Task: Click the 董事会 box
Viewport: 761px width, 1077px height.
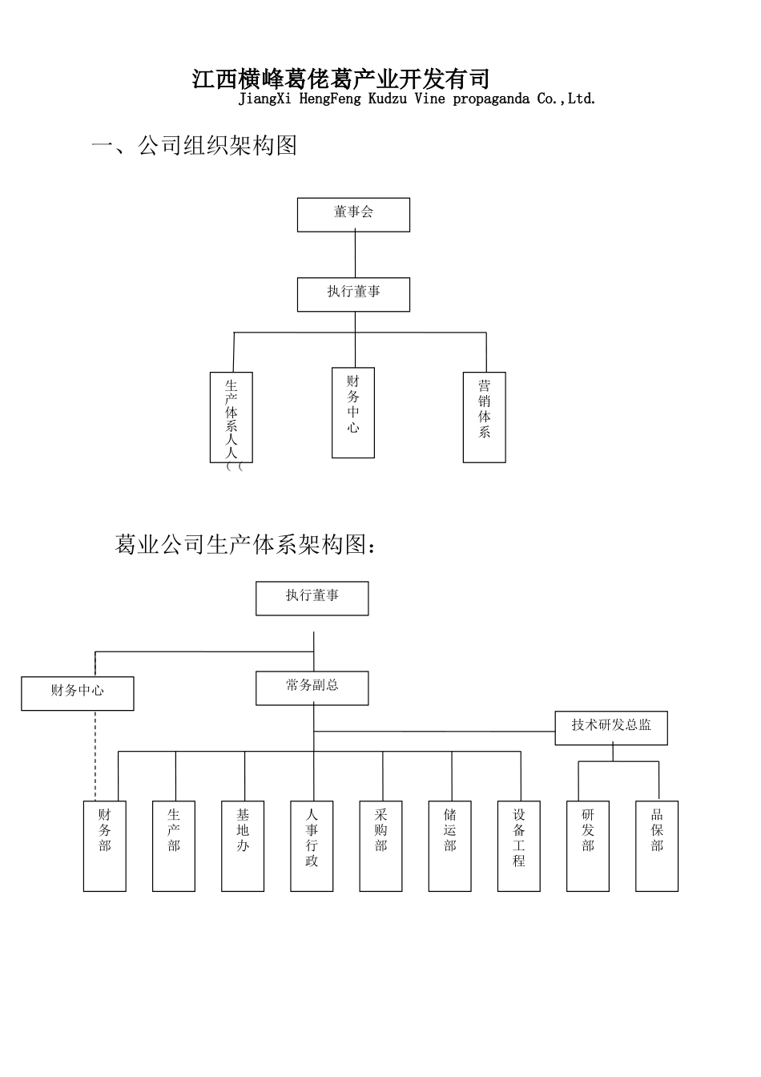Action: pyautogui.click(x=353, y=215)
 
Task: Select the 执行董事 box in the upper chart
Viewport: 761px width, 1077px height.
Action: pyautogui.click(x=353, y=294)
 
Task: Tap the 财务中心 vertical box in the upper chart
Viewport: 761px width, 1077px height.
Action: pyautogui.click(x=353, y=413)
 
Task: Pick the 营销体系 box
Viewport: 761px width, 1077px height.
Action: pyautogui.click(x=484, y=417)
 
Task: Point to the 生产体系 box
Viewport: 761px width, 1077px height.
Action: pyautogui.click(x=232, y=417)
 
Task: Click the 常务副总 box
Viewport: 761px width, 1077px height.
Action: pyautogui.click(x=312, y=688)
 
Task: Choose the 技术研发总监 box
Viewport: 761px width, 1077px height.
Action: pyautogui.click(x=611, y=728)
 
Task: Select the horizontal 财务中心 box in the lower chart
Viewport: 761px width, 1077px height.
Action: pyautogui.click(x=78, y=693)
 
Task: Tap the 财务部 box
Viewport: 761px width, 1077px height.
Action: pyautogui.click(x=105, y=845)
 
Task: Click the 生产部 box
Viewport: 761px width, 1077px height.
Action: pyautogui.click(x=174, y=845)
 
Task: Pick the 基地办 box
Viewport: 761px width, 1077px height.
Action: pyautogui.click(x=243, y=845)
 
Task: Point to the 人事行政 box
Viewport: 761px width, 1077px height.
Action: pyautogui.click(x=312, y=845)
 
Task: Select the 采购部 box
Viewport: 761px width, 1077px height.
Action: pyautogui.click(x=380, y=845)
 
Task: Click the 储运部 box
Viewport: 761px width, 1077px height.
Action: pyautogui.click(x=449, y=845)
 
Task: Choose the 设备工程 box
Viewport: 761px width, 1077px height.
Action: pyautogui.click(x=519, y=845)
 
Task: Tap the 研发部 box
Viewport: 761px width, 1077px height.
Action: pyautogui.click(x=588, y=845)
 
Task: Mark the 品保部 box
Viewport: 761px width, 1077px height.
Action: pyautogui.click(x=657, y=845)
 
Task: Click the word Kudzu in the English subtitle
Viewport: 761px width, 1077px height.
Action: pyautogui.click(x=388, y=99)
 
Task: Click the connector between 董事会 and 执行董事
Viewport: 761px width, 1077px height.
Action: pyautogui.click(x=355, y=255)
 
